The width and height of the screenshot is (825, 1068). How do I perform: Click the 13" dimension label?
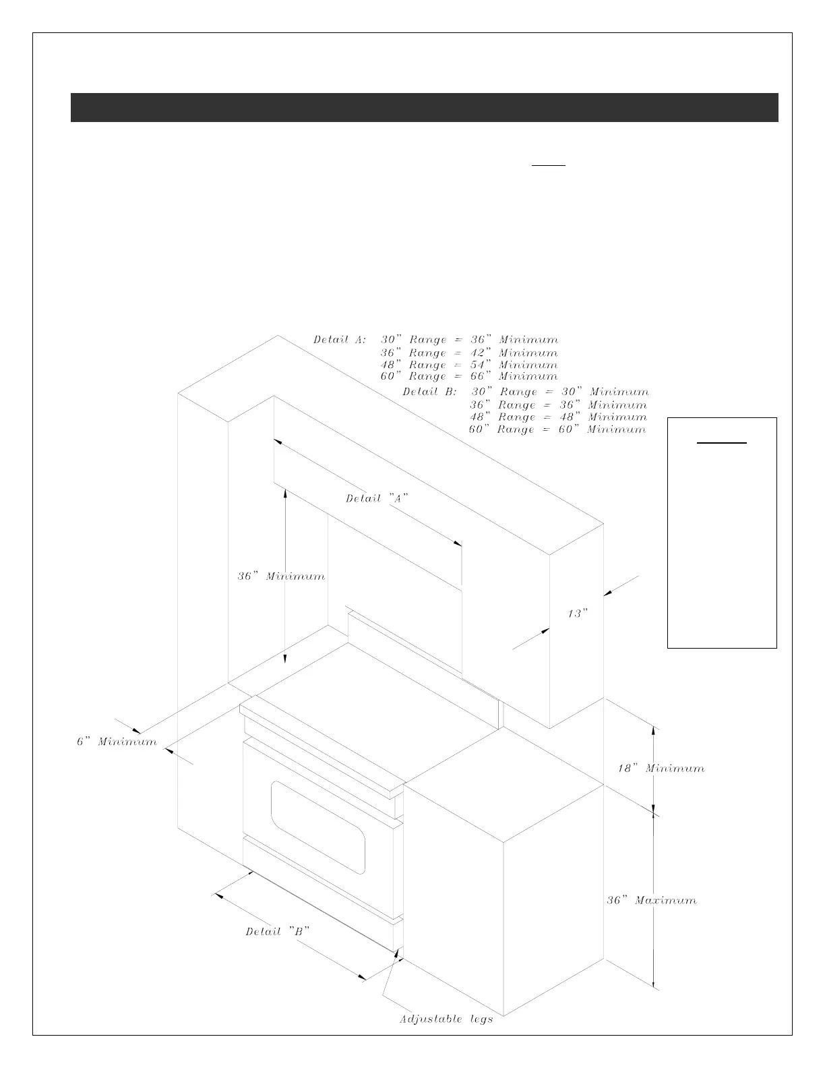coord(578,614)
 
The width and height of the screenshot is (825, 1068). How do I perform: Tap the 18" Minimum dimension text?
coord(661,768)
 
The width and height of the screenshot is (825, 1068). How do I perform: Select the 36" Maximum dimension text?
coord(652,900)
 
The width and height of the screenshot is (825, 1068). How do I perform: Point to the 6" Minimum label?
coord(116,742)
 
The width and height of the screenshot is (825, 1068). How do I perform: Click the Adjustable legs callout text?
coord(446,1019)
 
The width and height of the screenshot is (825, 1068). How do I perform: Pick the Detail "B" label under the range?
coord(277,931)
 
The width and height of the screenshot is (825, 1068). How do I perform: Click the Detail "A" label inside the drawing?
coord(377,498)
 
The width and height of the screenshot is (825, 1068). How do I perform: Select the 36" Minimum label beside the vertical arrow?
coord(281,576)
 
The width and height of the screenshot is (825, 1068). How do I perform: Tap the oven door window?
coord(318,827)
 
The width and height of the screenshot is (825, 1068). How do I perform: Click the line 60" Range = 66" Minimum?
coord(469,376)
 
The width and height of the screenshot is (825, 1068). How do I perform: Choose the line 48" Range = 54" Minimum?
coord(469,365)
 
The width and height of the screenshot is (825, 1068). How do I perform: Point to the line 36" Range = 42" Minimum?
coord(469,353)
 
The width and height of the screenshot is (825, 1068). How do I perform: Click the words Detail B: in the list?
coord(429,392)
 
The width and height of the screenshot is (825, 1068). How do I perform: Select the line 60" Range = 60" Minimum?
coord(557,429)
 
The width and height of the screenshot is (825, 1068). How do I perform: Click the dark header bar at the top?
coord(424,107)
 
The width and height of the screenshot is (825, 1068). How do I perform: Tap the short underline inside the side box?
coord(721,443)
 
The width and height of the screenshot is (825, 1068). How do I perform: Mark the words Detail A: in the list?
coord(340,340)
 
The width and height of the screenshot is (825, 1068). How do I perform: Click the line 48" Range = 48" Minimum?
coord(558,417)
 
